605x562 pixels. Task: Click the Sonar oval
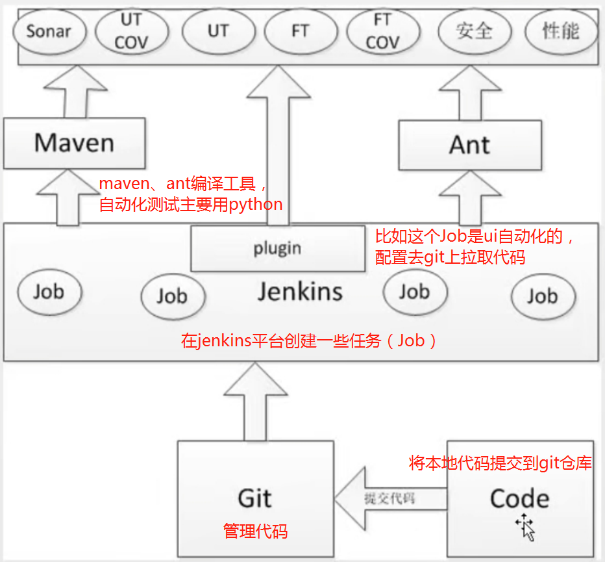coord(49,31)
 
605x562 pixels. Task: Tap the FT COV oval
coord(382,31)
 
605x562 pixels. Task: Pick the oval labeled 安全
coord(475,31)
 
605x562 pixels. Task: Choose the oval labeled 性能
coord(561,31)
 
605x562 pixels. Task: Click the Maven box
coord(74,142)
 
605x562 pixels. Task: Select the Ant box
coord(469,145)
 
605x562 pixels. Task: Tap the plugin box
coord(277,248)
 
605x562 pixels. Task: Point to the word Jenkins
coord(300,292)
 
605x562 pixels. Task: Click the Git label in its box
coord(254,498)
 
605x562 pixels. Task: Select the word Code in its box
coord(519,499)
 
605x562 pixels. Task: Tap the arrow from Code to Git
coord(389,499)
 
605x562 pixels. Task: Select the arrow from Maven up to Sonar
coord(74,91)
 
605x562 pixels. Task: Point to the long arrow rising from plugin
coord(277,143)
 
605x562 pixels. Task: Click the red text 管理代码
coord(255,531)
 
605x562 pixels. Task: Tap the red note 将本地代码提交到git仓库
coord(500,463)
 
